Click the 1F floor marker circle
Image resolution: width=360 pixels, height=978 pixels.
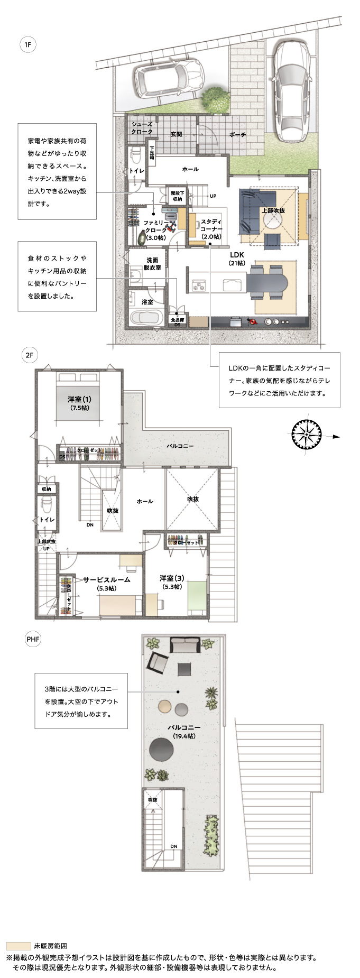click(x=27, y=45)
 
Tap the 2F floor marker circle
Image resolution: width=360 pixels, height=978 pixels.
click(x=29, y=355)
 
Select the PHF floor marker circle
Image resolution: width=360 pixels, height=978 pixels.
click(x=33, y=639)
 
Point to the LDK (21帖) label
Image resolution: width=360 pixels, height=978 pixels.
click(x=236, y=259)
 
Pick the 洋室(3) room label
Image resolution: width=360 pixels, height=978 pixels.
click(x=172, y=582)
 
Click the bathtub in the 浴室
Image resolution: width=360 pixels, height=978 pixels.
click(x=145, y=319)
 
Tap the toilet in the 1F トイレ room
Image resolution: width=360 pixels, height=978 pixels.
click(x=135, y=157)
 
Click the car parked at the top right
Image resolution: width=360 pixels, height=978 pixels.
click(x=289, y=90)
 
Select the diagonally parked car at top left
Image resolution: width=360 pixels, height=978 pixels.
click(x=169, y=77)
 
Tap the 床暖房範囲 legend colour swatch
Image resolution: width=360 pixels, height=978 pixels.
click(x=19, y=946)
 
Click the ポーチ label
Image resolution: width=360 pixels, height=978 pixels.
click(x=237, y=135)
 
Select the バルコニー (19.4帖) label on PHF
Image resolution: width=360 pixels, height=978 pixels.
click(x=184, y=731)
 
